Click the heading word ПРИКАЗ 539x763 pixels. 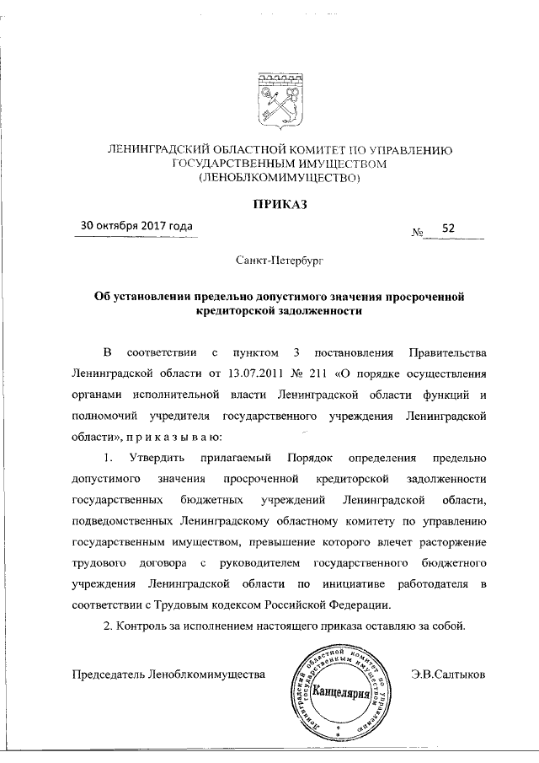point(277,203)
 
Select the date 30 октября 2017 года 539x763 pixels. point(136,226)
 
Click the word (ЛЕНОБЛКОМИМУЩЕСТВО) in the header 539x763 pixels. point(278,177)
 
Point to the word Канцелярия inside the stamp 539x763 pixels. point(341,694)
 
